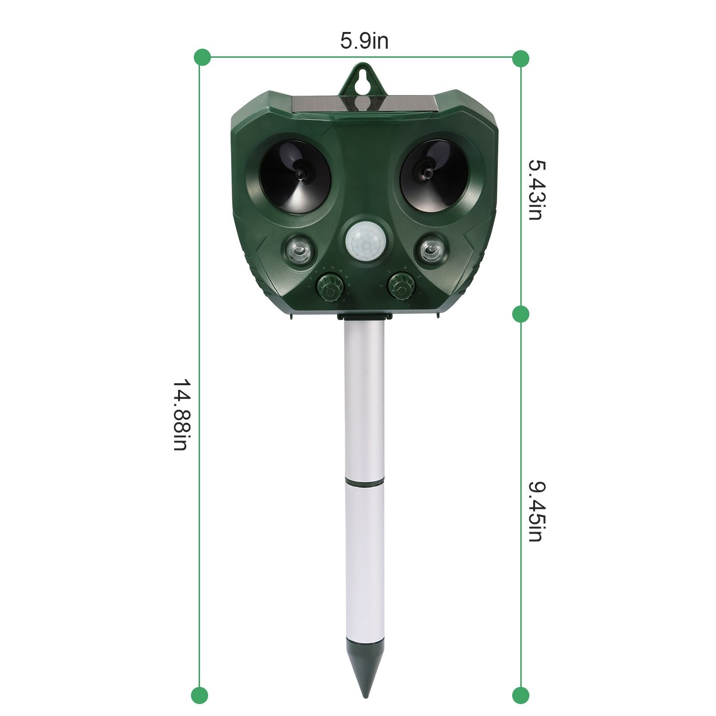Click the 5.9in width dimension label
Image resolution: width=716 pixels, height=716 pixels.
(364, 41)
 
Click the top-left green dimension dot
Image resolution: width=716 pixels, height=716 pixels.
(202, 57)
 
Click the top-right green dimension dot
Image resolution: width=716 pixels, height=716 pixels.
(520, 59)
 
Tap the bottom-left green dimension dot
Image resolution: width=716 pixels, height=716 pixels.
(200, 695)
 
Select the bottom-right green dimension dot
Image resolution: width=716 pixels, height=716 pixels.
(520, 695)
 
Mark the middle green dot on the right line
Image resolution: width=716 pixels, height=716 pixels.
(520, 314)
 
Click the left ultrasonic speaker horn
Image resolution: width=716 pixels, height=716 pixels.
(296, 177)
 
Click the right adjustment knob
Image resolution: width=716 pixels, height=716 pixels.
(402, 285)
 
